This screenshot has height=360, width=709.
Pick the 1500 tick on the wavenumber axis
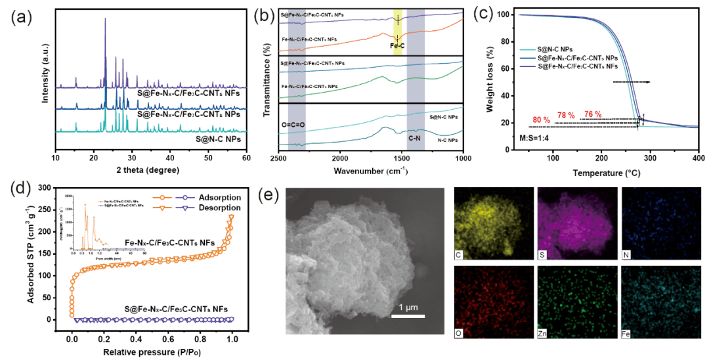402,158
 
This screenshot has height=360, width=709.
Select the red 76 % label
592,114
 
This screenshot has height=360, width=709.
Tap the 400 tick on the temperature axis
698,158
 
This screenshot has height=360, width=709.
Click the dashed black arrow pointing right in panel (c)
632,82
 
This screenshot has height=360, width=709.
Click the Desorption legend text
219,208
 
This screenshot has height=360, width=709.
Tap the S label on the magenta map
543,253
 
